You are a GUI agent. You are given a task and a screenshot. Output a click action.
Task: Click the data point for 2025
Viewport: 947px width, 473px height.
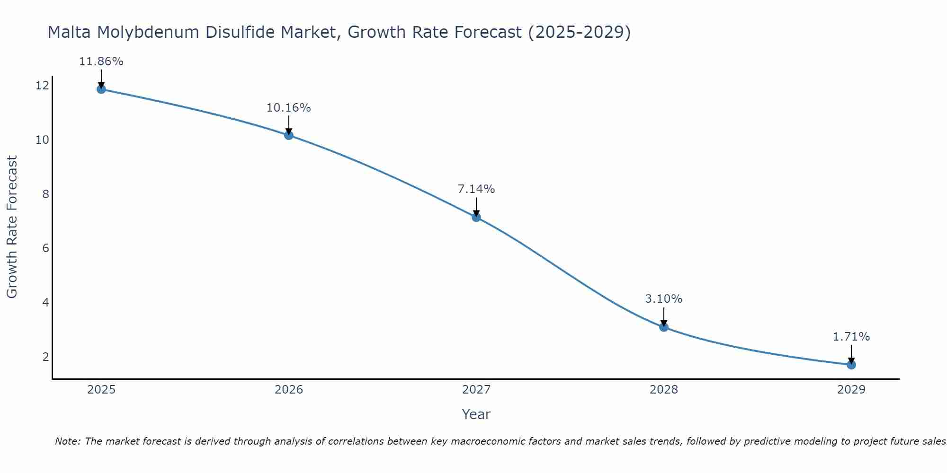click(101, 89)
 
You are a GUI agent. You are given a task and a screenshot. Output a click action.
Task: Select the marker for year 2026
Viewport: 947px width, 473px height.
click(289, 135)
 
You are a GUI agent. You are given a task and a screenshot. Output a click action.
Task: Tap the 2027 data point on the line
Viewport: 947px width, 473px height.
click(476, 217)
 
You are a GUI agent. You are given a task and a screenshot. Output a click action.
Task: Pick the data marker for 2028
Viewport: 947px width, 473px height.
click(664, 327)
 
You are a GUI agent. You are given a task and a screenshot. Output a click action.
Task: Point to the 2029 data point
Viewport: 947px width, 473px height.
click(851, 365)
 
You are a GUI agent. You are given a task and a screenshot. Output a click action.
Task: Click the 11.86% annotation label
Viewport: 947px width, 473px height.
click(101, 61)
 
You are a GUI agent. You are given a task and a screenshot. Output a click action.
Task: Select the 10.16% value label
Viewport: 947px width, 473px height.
click(289, 108)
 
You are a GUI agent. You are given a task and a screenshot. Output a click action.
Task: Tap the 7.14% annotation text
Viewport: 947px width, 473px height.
click(476, 189)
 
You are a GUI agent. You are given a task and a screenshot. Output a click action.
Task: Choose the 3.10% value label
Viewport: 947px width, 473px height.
click(664, 299)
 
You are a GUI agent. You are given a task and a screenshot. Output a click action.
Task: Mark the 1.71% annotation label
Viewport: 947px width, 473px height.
click(851, 337)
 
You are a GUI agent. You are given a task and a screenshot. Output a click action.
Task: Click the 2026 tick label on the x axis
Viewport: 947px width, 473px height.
click(289, 390)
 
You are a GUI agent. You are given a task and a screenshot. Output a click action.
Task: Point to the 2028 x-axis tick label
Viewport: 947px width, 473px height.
click(664, 390)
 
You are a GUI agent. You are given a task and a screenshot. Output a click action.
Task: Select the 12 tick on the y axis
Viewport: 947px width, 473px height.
click(42, 86)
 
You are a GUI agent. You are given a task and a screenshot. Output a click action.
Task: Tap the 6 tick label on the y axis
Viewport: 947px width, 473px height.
click(45, 248)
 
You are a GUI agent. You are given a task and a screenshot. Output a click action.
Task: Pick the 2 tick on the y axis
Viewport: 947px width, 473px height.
click(45, 357)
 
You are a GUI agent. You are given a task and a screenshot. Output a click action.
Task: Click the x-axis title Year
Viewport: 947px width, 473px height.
click(476, 414)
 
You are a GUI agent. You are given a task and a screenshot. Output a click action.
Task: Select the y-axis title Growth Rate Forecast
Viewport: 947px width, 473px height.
click(12, 227)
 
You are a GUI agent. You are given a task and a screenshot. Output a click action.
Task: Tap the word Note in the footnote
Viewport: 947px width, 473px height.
click(68, 441)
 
